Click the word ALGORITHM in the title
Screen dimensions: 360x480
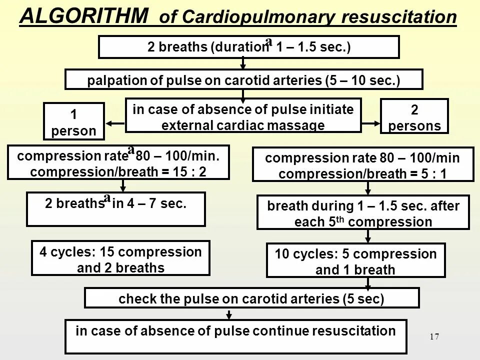pyautogui.click(x=84, y=16)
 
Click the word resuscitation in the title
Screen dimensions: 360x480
pyautogui.click(x=399, y=17)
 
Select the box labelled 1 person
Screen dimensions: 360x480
pyautogui.click(x=73, y=121)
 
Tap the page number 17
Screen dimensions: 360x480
pyautogui.click(x=434, y=337)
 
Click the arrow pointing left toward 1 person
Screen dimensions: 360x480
pyautogui.click(x=114, y=123)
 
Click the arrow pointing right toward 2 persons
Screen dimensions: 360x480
pyautogui.click(x=370, y=123)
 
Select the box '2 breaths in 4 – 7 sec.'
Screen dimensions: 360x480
pyautogui.click(x=115, y=209)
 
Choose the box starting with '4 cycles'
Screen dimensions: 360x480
pyautogui.click(x=120, y=258)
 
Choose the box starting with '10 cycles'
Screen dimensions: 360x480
pyautogui.click(x=355, y=261)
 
